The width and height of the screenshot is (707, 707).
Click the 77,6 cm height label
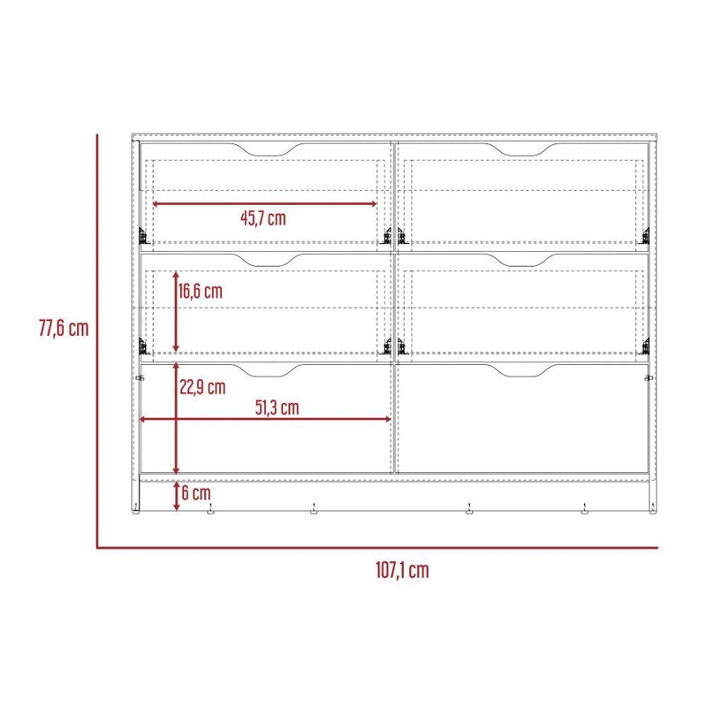pyautogui.click(x=64, y=328)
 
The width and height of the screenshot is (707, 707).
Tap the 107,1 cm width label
pyautogui.click(x=402, y=570)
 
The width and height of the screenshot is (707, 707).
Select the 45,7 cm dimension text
pyautogui.click(x=263, y=218)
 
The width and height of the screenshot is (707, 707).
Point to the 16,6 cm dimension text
pyautogui.click(x=201, y=292)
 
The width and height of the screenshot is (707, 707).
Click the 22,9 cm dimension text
pyautogui.click(x=202, y=387)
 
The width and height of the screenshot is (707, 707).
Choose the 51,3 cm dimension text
pyautogui.click(x=277, y=407)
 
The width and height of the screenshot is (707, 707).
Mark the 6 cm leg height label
pyautogui.click(x=196, y=493)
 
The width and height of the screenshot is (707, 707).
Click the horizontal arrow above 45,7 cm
pyautogui.click(x=264, y=204)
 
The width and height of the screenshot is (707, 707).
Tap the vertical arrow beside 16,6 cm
pyautogui.click(x=176, y=312)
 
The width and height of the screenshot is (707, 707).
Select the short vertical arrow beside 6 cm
pyautogui.click(x=177, y=496)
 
